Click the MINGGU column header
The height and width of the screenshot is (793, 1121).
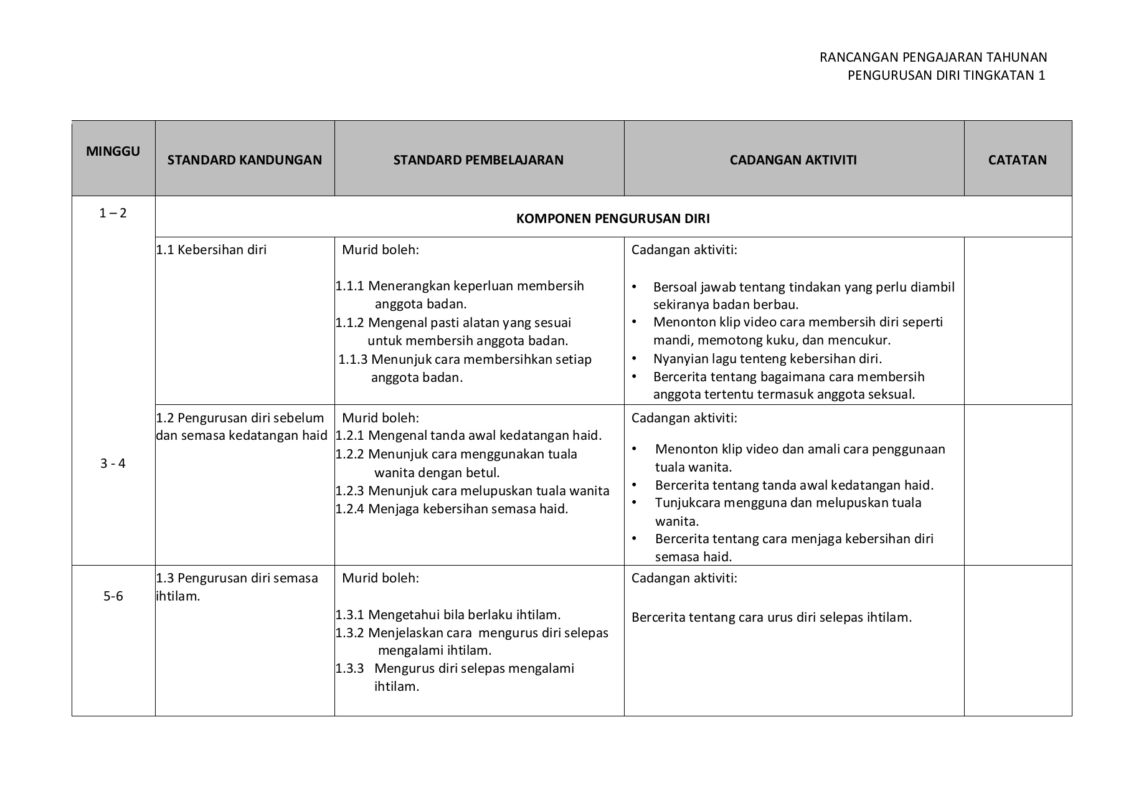point(113,151)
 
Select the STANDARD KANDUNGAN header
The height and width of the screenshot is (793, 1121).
point(244,160)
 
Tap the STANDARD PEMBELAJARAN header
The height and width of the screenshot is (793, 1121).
point(478,160)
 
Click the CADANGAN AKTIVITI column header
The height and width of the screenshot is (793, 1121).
point(793,160)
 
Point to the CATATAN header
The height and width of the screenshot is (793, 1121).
point(1017,160)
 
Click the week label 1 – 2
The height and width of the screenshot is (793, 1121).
point(113,213)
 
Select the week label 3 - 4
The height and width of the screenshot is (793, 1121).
point(113,463)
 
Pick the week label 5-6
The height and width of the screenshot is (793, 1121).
point(113,596)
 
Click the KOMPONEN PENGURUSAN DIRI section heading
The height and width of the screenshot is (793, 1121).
point(613,219)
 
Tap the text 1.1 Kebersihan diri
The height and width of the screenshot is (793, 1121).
point(211,250)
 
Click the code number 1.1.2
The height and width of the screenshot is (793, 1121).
point(349,323)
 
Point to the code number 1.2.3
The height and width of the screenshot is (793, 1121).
point(349,491)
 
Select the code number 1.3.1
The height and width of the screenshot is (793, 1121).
point(349,615)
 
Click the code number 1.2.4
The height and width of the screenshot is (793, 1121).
point(349,509)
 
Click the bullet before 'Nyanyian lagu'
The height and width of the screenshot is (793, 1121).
point(635,359)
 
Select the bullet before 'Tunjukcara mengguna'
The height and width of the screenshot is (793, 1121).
point(635,502)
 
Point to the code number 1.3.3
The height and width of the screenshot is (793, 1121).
point(349,668)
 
